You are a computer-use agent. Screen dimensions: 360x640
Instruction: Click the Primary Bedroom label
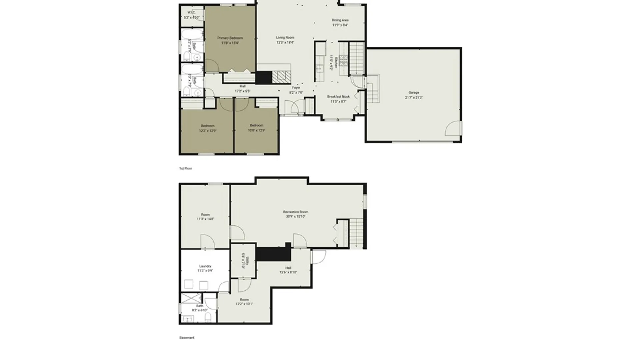(x=230, y=38)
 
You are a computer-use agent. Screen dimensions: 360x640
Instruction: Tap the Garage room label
(x=414, y=93)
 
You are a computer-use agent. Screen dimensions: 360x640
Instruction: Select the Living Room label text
(x=285, y=38)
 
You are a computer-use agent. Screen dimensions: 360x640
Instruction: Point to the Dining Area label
(x=340, y=20)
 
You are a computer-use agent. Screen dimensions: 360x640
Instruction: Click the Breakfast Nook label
(x=338, y=97)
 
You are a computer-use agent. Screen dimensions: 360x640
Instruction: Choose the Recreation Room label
(x=296, y=212)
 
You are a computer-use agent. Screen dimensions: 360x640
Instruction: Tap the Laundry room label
(x=205, y=266)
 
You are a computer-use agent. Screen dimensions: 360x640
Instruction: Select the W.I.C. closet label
(x=191, y=13)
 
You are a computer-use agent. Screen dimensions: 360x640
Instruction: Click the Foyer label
(x=296, y=88)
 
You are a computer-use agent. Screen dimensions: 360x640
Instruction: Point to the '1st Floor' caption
(x=186, y=168)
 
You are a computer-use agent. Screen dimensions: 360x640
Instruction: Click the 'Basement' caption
(x=187, y=338)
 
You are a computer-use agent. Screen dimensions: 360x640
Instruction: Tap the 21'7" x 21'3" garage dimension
(x=414, y=98)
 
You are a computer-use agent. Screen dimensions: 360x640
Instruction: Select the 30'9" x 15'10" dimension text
(x=296, y=216)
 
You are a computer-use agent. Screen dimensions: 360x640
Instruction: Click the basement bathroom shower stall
(x=191, y=298)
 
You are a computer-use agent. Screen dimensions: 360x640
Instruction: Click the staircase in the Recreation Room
(x=356, y=233)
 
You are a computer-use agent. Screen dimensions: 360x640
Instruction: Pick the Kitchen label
(x=336, y=62)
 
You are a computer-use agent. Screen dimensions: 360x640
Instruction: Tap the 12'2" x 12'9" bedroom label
(x=207, y=131)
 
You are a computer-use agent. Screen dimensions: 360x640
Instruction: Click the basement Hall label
(x=288, y=268)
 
